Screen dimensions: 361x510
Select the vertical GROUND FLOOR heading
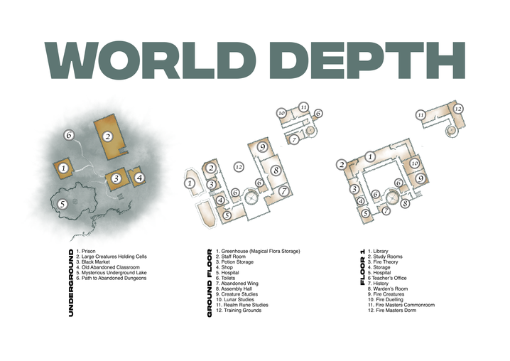tap(210, 282)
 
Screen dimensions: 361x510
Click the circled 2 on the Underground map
tap(108, 136)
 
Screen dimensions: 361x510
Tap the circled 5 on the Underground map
tap(63, 203)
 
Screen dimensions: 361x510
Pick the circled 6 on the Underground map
tap(69, 134)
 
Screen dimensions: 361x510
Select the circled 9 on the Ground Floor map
tap(262, 147)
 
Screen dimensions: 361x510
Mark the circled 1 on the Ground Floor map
tap(190, 183)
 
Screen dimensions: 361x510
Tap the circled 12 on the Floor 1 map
tap(458, 109)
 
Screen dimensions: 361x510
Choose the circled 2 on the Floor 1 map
tap(342, 165)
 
